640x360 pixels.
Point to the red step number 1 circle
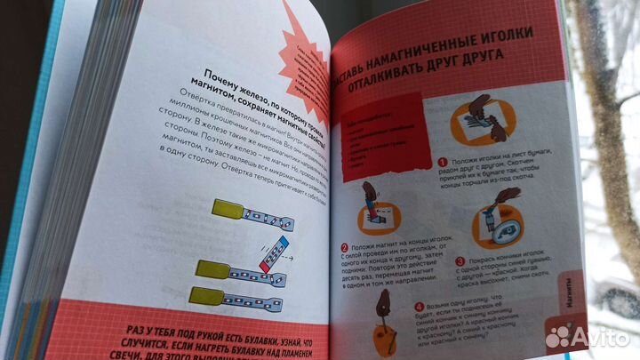click(441, 163)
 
